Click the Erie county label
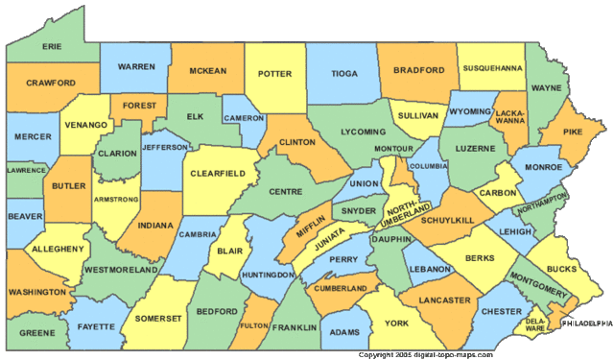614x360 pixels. pyautogui.click(x=53, y=44)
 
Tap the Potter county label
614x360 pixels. pyautogui.click(x=275, y=73)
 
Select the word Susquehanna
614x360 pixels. pyautogui.click(x=493, y=69)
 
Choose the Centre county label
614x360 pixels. pyautogui.click(x=285, y=190)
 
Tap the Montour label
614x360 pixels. pyautogui.click(x=393, y=149)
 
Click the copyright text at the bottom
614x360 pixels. pyautogui.click(x=425, y=354)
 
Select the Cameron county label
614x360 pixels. pyautogui.click(x=243, y=118)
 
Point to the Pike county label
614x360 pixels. pyautogui.click(x=573, y=132)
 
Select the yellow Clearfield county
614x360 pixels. pyautogui.click(x=220, y=174)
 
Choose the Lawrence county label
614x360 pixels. pyautogui.click(x=26, y=170)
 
